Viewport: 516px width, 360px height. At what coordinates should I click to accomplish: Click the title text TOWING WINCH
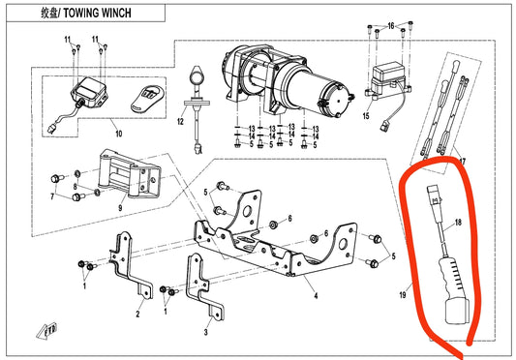click(97, 14)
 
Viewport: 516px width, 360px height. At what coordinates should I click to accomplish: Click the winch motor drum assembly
click(288, 82)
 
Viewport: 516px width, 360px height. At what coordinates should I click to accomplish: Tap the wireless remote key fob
click(147, 99)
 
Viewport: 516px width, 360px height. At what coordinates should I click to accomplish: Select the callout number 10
click(119, 134)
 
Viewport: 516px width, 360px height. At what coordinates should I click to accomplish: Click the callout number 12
click(180, 121)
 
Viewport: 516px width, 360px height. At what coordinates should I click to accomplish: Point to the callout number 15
click(366, 116)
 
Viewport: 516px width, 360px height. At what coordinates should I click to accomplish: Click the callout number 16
click(391, 26)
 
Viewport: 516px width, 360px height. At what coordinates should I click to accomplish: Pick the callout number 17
click(463, 162)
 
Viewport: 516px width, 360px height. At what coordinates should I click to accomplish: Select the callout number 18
click(458, 223)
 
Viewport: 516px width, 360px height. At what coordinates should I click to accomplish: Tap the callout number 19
click(403, 295)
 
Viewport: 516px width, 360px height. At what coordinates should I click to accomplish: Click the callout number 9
click(120, 208)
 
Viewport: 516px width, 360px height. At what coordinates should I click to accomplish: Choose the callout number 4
click(316, 295)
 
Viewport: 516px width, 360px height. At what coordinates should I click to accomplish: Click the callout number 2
click(137, 314)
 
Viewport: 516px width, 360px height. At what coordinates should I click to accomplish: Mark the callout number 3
click(206, 332)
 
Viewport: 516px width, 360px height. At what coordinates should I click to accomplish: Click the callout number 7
click(52, 196)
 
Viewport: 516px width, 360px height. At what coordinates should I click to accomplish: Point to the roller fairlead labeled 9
click(130, 174)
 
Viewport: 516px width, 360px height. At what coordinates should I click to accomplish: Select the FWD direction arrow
click(47, 331)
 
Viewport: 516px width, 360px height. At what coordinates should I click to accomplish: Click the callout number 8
click(76, 187)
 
